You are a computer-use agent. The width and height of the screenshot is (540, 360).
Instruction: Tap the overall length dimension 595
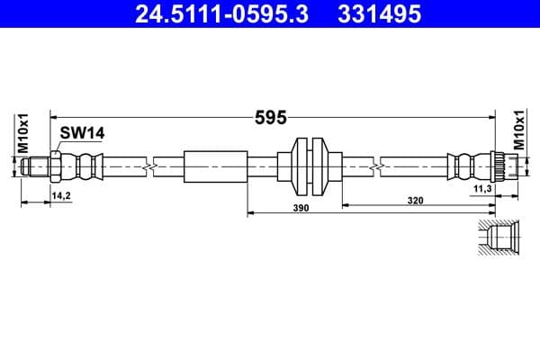click(269, 117)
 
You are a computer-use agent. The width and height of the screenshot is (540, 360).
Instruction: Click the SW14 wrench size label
click(83, 133)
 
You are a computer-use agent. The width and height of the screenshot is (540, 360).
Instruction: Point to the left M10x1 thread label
click(24, 132)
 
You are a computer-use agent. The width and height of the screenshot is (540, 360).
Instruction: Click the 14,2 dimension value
click(61, 194)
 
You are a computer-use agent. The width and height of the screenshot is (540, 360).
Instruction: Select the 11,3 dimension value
click(481, 189)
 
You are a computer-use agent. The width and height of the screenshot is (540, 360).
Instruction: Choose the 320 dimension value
click(415, 200)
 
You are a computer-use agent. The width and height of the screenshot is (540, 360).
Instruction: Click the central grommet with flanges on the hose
click(309, 166)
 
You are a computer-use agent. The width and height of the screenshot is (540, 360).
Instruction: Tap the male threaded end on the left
click(36, 166)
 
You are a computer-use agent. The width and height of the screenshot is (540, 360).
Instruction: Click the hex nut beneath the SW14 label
click(55, 166)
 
